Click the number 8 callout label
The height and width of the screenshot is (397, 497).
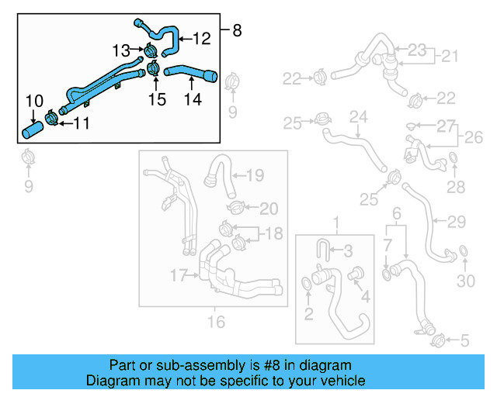click(237, 31)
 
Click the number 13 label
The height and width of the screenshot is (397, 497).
click(122, 50)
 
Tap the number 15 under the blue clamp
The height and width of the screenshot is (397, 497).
click(158, 99)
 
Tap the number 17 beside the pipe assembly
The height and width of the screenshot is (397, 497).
click(179, 274)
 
